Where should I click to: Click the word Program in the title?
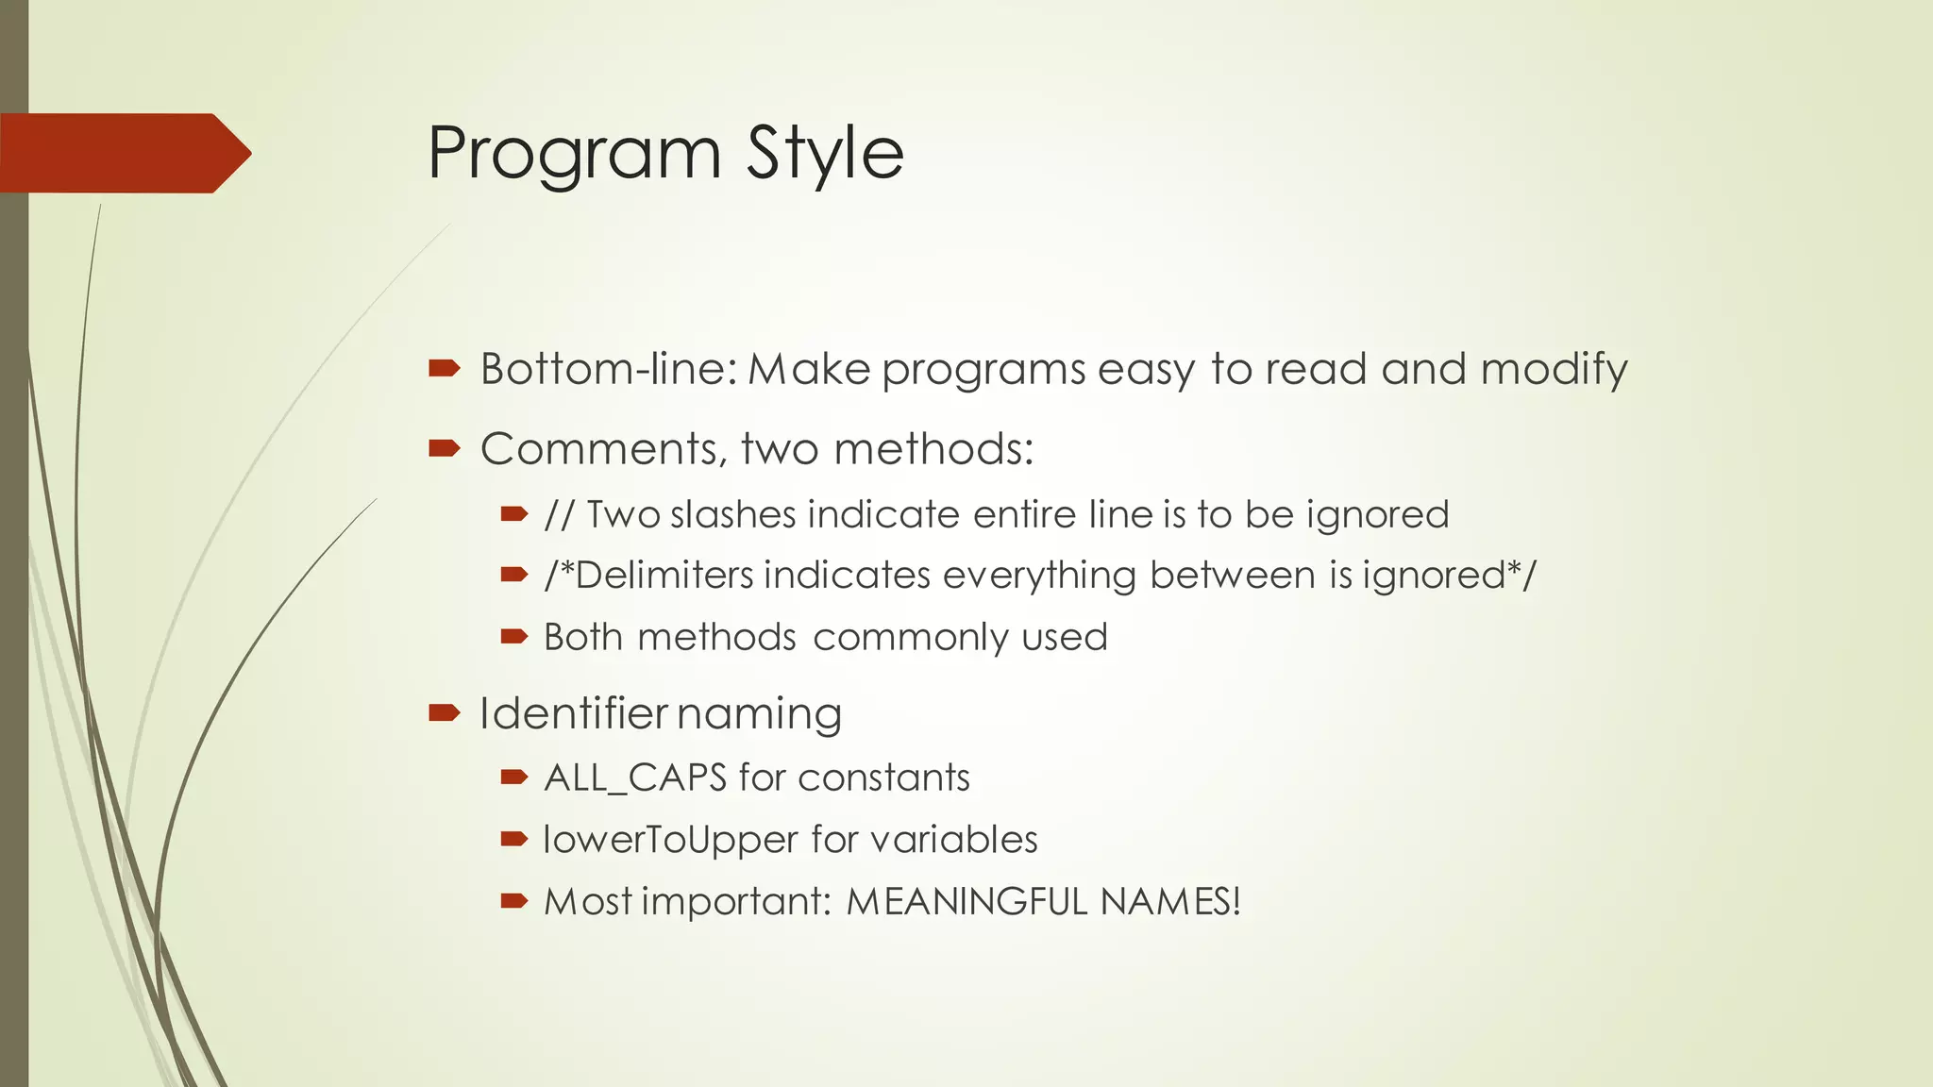coord(574,154)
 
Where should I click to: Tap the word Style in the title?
coord(825,154)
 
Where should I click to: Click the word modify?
coord(1554,369)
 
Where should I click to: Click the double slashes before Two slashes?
coord(559,515)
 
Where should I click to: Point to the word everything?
coord(1039,576)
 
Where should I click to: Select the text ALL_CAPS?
coord(635,778)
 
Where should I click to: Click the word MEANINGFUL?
coord(966,902)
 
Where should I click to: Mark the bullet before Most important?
coord(513,901)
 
